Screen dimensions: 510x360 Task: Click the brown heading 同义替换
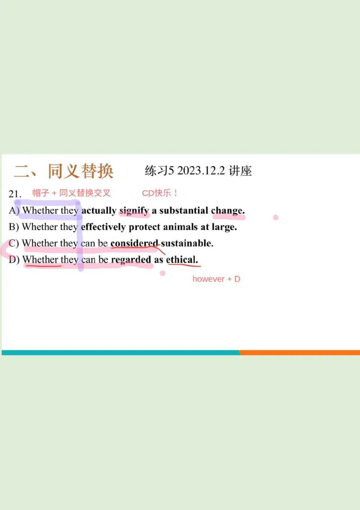pos(81,171)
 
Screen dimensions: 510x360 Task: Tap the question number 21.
pos(15,194)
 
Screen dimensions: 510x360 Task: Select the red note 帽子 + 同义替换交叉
pos(72,193)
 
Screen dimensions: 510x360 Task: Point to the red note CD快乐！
pos(160,193)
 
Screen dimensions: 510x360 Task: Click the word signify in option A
pos(134,211)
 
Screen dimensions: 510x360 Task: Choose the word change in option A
pos(228,211)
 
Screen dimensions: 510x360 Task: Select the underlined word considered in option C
pos(135,244)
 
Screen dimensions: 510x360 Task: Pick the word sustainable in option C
pos(187,244)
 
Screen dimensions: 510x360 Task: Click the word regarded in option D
pos(131,260)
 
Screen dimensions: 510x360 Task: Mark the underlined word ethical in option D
pos(182,260)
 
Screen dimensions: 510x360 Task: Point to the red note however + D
pos(216,279)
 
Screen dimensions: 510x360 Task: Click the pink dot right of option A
pos(276,217)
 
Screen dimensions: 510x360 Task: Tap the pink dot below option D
pos(162,273)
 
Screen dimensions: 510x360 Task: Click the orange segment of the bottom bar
pos(300,352)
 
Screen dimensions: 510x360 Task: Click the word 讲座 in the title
pos(240,171)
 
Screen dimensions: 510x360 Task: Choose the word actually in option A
pos(99,211)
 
